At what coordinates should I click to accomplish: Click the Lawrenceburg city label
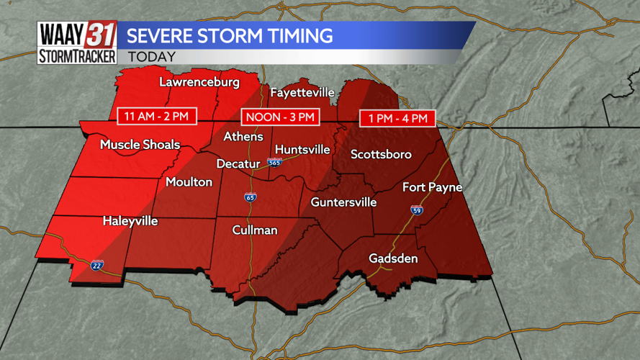199,82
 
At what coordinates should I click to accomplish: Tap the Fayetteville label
302,93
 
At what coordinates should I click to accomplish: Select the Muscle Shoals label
140,145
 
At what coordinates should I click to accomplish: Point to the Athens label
243,137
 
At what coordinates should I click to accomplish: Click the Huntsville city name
302,150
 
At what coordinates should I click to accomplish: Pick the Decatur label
238,164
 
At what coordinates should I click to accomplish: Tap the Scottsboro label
381,154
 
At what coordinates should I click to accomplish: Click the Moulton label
189,182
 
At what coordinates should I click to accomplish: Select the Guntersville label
343,202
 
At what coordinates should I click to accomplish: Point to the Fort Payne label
432,187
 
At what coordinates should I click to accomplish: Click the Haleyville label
130,221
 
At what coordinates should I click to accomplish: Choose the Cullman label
255,230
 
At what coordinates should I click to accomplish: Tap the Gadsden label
393,258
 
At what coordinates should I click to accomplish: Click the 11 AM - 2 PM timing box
157,116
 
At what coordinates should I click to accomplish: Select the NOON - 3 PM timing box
280,117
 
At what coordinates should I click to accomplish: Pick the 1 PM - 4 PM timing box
397,118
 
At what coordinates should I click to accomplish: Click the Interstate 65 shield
251,197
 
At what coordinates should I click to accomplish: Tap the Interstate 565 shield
274,163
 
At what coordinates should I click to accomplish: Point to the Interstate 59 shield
417,210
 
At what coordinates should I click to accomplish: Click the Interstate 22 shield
97,265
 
